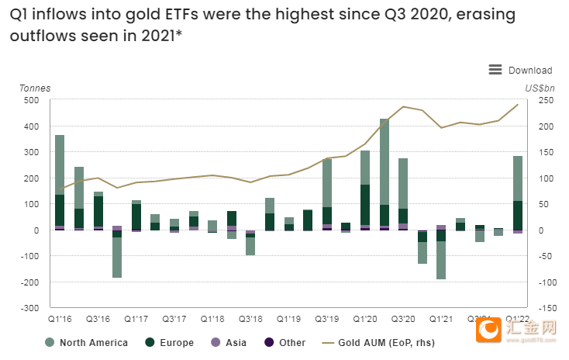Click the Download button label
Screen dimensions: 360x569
point(530,71)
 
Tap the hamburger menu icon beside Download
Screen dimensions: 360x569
point(495,70)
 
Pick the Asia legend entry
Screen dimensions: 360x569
point(236,342)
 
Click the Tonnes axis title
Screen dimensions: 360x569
point(35,88)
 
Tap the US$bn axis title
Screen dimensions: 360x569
point(536,88)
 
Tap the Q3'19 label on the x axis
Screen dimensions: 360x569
point(327,318)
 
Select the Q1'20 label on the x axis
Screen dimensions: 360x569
point(365,318)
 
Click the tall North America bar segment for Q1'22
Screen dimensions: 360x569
point(517,178)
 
